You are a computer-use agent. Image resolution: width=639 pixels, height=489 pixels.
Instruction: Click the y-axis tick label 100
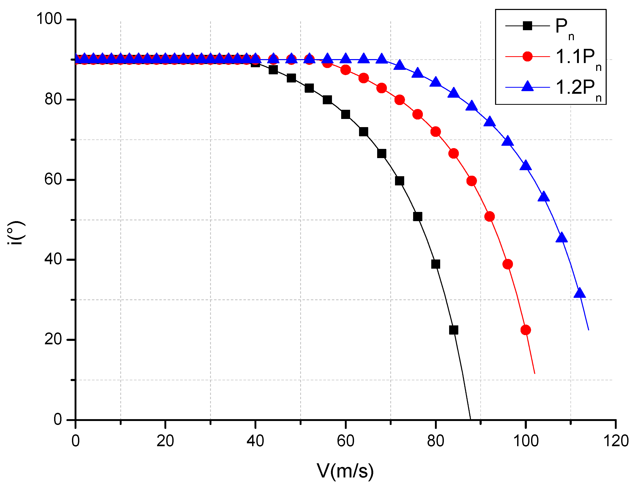coord(49,19)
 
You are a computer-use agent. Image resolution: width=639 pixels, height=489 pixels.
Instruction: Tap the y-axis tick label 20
coord(53,339)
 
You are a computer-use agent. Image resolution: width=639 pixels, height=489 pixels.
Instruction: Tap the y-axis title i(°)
coord(16,233)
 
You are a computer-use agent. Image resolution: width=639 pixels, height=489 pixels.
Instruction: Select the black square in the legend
coord(527,26)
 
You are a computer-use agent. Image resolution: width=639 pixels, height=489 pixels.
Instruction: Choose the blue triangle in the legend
coord(527,86)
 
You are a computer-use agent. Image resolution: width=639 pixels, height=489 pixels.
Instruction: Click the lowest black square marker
coord(454,330)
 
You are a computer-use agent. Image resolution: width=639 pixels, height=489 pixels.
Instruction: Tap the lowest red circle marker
coord(526,330)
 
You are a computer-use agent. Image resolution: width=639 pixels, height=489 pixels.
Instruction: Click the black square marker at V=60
coord(345,115)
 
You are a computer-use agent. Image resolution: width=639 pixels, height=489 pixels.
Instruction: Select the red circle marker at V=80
coord(435,132)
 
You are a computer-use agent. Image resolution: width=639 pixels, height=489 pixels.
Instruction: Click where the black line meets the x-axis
coord(470,419)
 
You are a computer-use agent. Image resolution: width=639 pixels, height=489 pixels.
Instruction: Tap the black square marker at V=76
coord(417,217)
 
